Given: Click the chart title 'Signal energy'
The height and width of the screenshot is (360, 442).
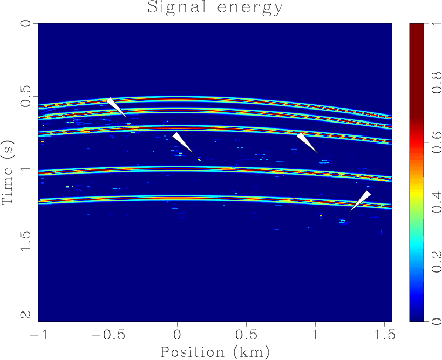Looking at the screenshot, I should coord(215,8).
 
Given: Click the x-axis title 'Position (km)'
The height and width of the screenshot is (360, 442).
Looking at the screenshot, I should coord(215,351).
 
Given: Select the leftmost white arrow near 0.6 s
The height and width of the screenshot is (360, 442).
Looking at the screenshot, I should coord(115,106).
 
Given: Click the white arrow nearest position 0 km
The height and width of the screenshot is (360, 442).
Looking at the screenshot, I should coord(182,142).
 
